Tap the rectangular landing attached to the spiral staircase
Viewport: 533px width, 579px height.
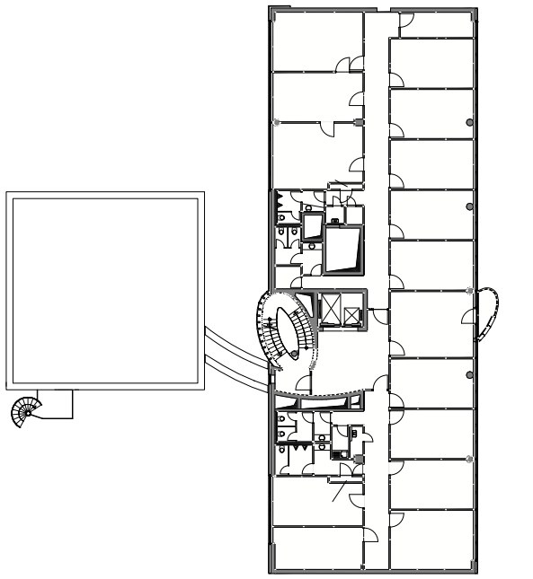pyautogui.click(x=57, y=404)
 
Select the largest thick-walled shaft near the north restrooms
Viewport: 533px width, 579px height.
pyautogui.click(x=342, y=251)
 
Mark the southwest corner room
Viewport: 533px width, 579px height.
pyautogui.click(x=315, y=548)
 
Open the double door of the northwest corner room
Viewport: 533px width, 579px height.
pyautogui.click(x=349, y=64)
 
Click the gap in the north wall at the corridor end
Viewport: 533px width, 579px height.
pyautogui.click(x=376, y=12)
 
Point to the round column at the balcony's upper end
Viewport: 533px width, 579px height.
pyautogui.click(x=471, y=290)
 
